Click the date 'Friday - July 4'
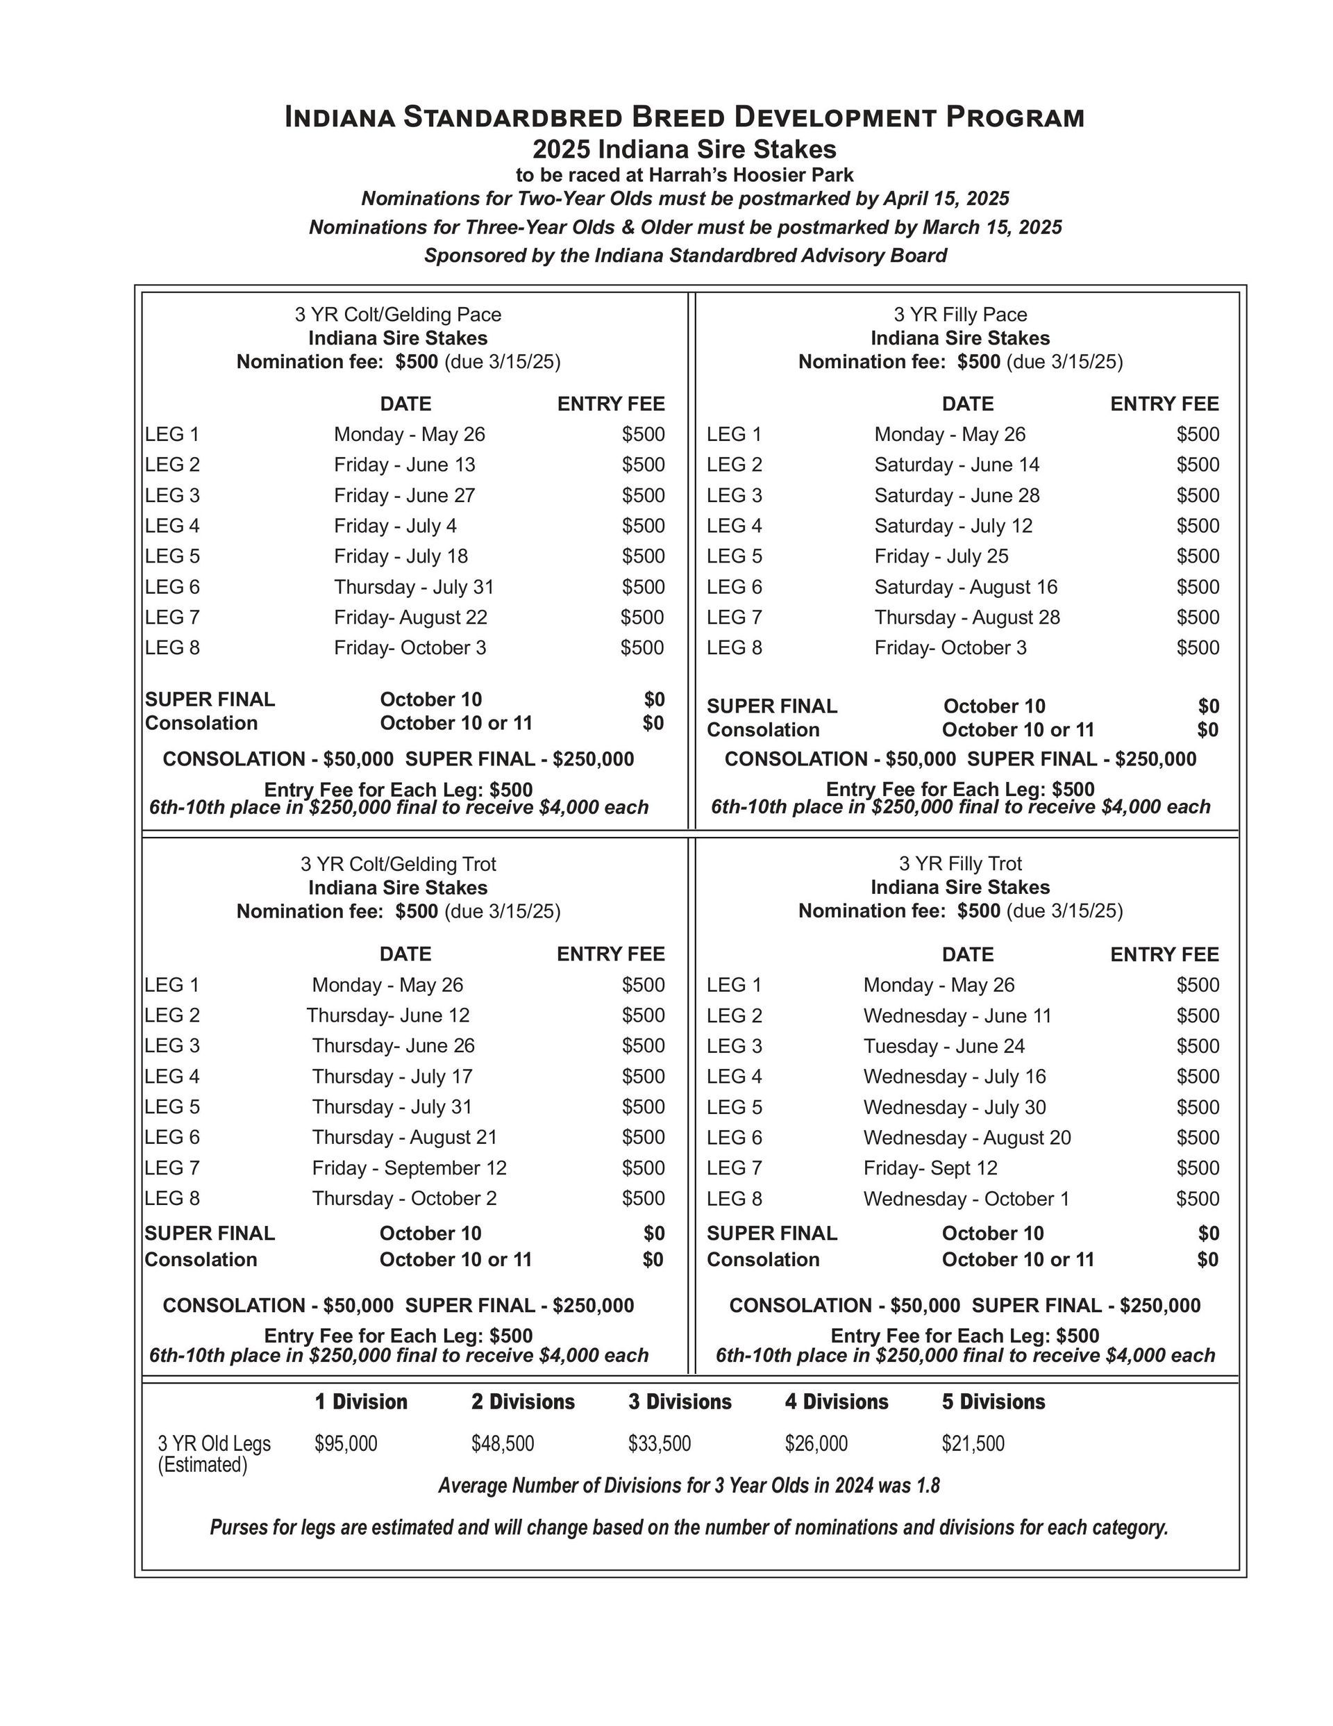click(x=394, y=526)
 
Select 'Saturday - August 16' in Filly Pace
click(x=965, y=586)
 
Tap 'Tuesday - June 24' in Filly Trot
click(x=944, y=1045)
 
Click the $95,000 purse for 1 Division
click(x=345, y=1443)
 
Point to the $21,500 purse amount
click(x=972, y=1443)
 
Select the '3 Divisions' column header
click(x=680, y=1401)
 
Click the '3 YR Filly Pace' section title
click(x=960, y=315)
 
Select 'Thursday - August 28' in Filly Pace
click(x=966, y=617)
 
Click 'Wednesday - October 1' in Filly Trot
click(x=966, y=1198)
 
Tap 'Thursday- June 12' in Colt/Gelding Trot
click(x=387, y=1015)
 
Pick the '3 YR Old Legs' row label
click(x=214, y=1443)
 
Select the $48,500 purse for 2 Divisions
click(x=503, y=1443)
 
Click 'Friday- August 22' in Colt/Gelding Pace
click(x=410, y=617)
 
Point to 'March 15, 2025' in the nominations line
click(x=991, y=228)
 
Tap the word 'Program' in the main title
click(x=1014, y=118)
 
